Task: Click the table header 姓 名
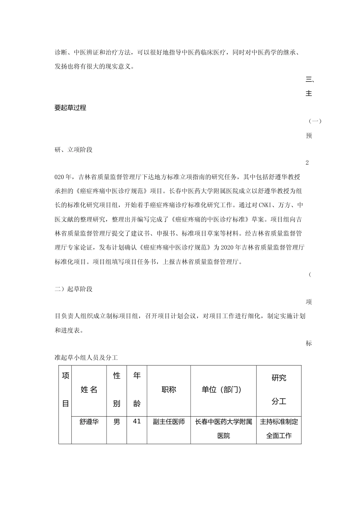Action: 89,390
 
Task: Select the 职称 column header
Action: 169,390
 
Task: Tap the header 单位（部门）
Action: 224,390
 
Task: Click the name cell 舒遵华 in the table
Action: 89,422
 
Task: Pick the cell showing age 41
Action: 137,421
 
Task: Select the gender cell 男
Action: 117,422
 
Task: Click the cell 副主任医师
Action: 169,422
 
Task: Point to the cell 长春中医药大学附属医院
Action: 224,428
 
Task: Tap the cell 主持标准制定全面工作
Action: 279,428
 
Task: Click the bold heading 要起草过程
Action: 70,108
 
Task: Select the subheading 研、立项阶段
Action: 74,150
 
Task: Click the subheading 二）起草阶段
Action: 74,289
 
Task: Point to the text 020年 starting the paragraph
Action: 64,177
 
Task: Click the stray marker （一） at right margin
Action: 315,121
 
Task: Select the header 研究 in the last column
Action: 279,378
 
